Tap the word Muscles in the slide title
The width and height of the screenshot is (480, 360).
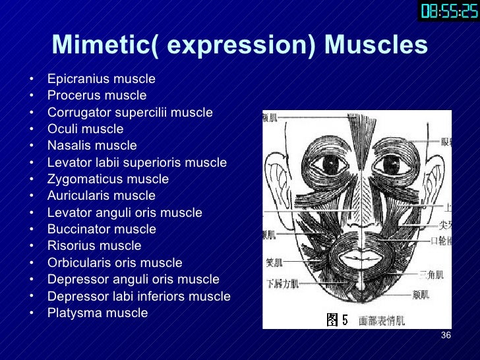pyautogui.click(x=376, y=45)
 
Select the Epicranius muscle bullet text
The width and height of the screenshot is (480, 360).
pyautogui.click(x=101, y=79)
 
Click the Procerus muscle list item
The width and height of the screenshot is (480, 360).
pyautogui.click(x=96, y=96)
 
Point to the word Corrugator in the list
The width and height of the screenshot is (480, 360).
pyautogui.click(x=78, y=113)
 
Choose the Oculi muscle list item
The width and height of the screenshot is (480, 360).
pyautogui.click(x=85, y=129)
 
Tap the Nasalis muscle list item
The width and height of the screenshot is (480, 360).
pyautogui.click(x=92, y=146)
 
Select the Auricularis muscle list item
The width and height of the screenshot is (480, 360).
pyautogui.click(x=101, y=196)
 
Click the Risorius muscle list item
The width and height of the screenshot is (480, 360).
pyautogui.click(x=94, y=246)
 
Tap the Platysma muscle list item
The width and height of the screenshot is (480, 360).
pyautogui.click(x=97, y=313)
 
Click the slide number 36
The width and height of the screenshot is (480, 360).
pyautogui.click(x=445, y=336)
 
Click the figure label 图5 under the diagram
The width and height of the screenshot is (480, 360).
pyautogui.click(x=337, y=320)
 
